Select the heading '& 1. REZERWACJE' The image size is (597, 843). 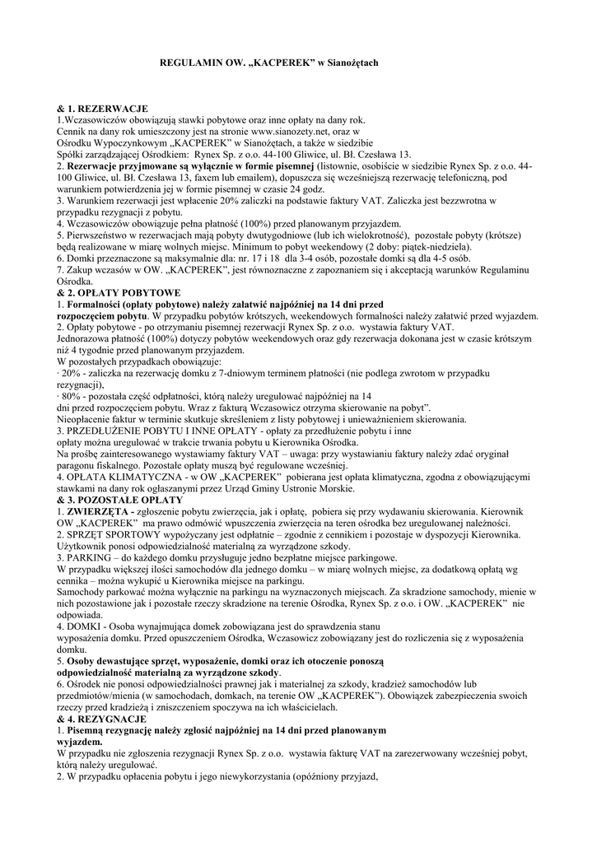pos(102,109)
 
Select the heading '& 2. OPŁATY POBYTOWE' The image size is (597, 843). pos(119,292)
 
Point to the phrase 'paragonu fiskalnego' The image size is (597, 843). pos(102,464)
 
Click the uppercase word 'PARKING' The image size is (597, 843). pos(89,557)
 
